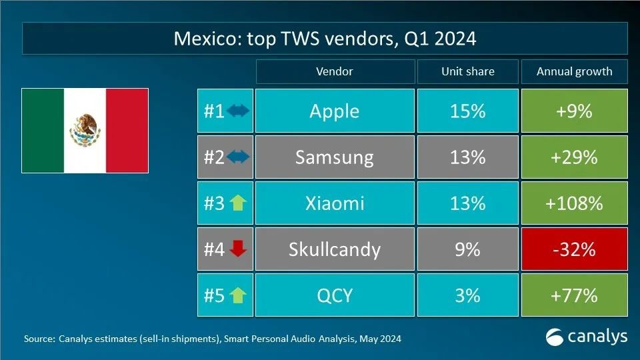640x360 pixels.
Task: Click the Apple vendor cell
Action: [334, 111]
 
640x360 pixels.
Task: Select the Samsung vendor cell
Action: [334, 157]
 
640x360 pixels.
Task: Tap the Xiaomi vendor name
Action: [334, 203]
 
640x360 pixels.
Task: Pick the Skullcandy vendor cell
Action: [334, 249]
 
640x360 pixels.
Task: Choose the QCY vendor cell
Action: [334, 295]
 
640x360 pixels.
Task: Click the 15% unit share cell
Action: [467, 111]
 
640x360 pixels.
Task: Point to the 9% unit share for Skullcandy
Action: [467, 249]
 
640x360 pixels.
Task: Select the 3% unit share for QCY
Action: [467, 295]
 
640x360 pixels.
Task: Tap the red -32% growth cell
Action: [574, 249]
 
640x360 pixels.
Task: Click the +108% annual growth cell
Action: [574, 203]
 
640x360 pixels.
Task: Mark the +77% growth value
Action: [574, 295]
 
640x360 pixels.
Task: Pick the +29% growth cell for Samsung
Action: [574, 157]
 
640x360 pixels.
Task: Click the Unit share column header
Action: [467, 71]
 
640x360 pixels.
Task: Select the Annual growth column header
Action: [574, 71]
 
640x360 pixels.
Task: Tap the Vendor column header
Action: [334, 71]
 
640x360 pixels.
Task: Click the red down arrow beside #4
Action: [237, 249]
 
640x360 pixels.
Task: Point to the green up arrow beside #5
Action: [237, 295]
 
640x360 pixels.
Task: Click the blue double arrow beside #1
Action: [237, 111]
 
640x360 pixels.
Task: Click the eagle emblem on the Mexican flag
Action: [85, 129]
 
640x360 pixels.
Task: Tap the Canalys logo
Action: [586, 337]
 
